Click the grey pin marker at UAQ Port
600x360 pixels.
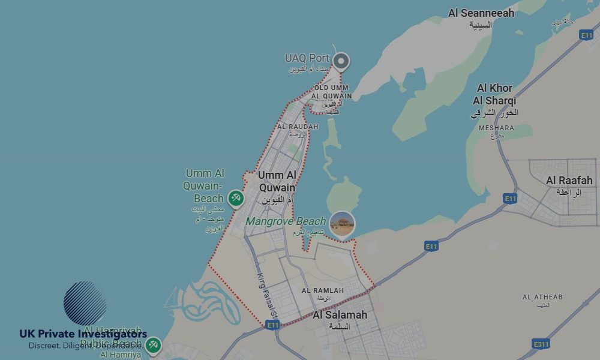pyautogui.click(x=341, y=61)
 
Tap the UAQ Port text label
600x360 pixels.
pyautogui.click(x=307, y=58)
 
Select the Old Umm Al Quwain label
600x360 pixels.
pyautogui.click(x=331, y=92)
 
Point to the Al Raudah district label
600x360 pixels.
pyautogui.click(x=298, y=127)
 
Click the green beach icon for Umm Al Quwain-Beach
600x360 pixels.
pyautogui.click(x=235, y=198)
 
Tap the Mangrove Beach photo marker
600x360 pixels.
pyautogui.click(x=342, y=224)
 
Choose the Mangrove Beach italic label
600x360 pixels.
pyautogui.click(x=286, y=221)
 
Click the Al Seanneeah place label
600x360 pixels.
pyautogui.click(x=481, y=13)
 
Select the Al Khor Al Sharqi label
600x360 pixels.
pyautogui.click(x=494, y=95)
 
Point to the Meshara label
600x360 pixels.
pyautogui.click(x=496, y=128)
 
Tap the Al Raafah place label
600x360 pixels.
pyautogui.click(x=569, y=181)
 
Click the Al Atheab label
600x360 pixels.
pyautogui.click(x=542, y=297)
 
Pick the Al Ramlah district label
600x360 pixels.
pyautogui.click(x=323, y=290)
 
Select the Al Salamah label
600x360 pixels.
pyautogui.click(x=340, y=315)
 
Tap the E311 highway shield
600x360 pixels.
pyautogui.click(x=541, y=344)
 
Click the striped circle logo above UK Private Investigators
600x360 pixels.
pyautogui.click(x=85, y=303)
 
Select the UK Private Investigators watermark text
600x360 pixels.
pyautogui.click(x=83, y=334)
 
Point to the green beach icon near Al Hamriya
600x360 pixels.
pyautogui.click(x=153, y=344)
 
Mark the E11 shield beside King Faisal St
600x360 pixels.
pyautogui.click(x=273, y=325)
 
